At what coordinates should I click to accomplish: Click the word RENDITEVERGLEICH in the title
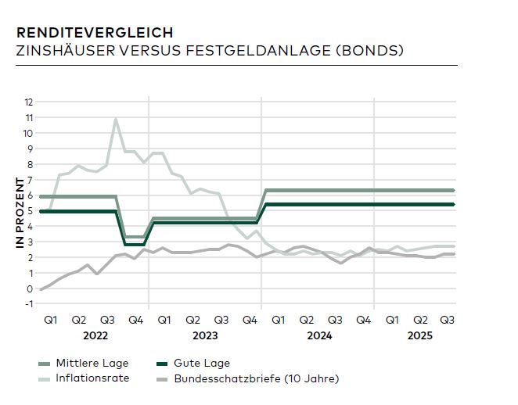tap(95, 33)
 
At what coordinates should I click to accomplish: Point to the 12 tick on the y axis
tap(29, 102)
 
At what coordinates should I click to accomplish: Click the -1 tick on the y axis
tap(29, 304)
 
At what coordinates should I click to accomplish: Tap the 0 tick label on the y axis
tap(30, 289)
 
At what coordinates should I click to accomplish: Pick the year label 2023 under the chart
tap(205, 335)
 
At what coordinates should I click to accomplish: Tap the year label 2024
tap(319, 335)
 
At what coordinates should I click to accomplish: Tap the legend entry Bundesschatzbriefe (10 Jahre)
tap(257, 379)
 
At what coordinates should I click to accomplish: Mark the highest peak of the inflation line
tap(116, 119)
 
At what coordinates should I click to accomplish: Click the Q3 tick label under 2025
tap(448, 320)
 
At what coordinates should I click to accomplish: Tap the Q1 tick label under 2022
tap(51, 320)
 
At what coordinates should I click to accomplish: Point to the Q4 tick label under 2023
tap(250, 320)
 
